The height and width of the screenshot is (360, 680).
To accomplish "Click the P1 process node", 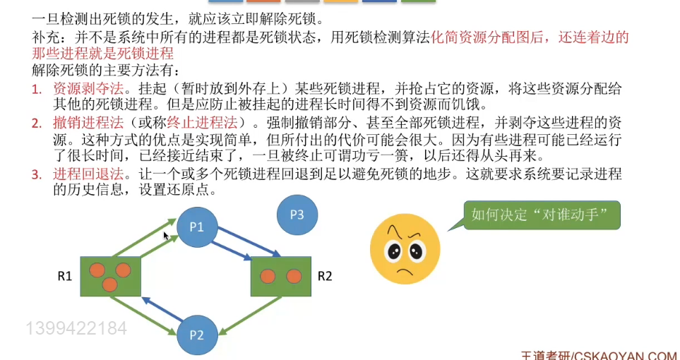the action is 196,227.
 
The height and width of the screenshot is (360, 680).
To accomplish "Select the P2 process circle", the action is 196,335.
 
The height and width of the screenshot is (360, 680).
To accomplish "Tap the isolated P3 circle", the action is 297,215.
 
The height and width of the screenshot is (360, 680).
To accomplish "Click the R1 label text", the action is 66,276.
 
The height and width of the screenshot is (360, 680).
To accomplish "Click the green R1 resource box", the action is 110,276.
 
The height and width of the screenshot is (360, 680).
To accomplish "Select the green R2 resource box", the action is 281,276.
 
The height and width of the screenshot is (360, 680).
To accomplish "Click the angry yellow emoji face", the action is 405,248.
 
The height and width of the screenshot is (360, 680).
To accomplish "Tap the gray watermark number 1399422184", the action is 76,328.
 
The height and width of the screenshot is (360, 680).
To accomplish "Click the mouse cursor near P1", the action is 166,236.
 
